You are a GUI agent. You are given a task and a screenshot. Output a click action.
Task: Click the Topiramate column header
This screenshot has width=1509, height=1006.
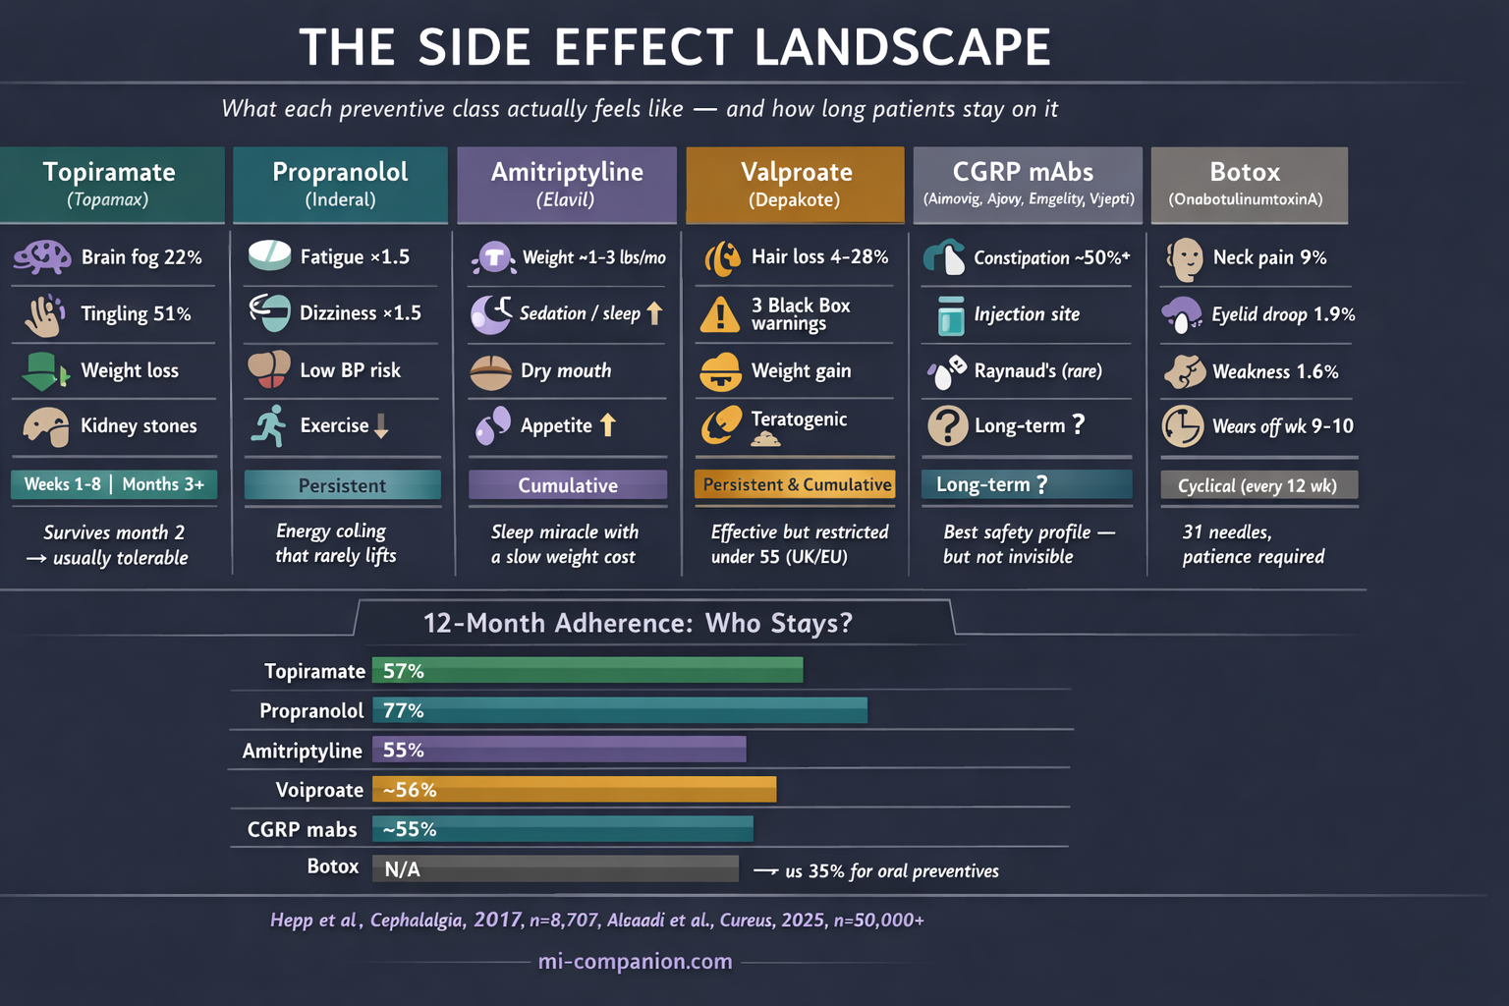pyautogui.click(x=111, y=184)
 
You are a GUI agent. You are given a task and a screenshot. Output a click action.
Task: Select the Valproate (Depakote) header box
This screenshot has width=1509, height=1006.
pyautogui.click(x=795, y=184)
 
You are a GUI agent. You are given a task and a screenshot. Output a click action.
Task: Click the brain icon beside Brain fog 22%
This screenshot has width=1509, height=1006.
pyautogui.click(x=42, y=257)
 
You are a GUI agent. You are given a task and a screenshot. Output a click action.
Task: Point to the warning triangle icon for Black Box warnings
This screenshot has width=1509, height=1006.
pyautogui.click(x=720, y=314)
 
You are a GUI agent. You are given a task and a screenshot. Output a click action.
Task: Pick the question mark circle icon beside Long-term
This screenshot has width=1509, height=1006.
pyautogui.click(x=947, y=426)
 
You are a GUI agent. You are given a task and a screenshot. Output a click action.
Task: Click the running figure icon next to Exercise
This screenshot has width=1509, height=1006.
pyautogui.click(x=268, y=425)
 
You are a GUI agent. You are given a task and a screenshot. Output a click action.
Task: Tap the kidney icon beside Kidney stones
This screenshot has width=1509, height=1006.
pyautogui.click(x=45, y=426)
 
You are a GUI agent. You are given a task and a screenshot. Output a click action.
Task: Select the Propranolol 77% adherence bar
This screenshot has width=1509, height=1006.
pyautogui.click(x=619, y=710)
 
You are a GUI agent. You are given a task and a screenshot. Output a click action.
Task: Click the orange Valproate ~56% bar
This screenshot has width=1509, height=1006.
pyautogui.click(x=574, y=790)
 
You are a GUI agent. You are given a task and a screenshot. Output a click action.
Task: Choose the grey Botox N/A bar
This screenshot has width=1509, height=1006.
pyautogui.click(x=555, y=868)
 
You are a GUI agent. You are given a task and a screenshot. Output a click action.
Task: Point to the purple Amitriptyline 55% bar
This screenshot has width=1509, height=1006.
pyautogui.click(x=559, y=751)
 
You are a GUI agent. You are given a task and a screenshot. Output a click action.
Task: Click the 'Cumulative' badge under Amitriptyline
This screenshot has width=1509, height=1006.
pyautogui.click(x=568, y=485)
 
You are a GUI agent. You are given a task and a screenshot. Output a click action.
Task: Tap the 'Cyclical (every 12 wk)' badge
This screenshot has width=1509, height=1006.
pyautogui.click(x=1258, y=485)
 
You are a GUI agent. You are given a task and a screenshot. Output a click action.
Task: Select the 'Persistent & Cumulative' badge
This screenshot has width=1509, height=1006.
pyautogui.click(x=796, y=484)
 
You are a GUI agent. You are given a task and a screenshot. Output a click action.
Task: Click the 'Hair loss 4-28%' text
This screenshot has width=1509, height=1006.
pyautogui.click(x=819, y=256)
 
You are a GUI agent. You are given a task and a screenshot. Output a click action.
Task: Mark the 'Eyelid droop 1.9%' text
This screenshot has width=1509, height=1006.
pyautogui.click(x=1283, y=314)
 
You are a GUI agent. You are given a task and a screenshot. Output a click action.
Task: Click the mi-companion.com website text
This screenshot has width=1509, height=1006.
pyautogui.click(x=636, y=961)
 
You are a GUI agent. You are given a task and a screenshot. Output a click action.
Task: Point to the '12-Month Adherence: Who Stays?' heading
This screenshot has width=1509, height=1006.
pyautogui.click(x=638, y=623)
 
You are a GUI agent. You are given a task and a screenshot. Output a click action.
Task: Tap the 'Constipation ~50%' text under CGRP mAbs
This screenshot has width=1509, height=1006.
pyautogui.click(x=1051, y=257)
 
